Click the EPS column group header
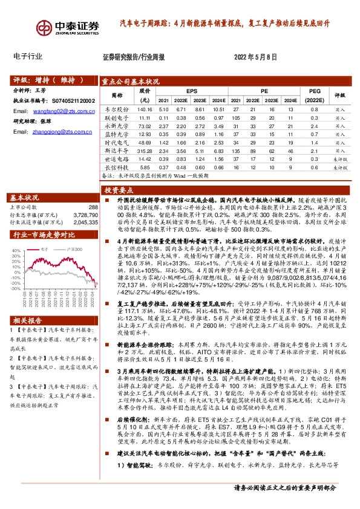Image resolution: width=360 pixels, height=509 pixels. [x=192, y=89]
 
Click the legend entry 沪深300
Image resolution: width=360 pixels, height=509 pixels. [x=74, y=248]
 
